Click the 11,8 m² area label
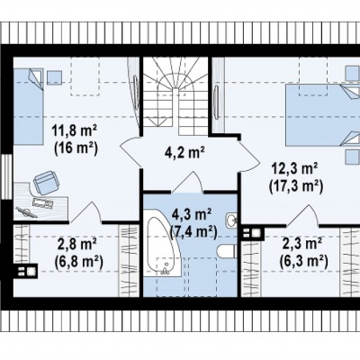tap(75, 131)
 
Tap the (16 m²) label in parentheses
tap(76, 148)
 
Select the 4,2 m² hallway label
tap(184, 152)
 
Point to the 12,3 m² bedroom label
tap(295, 169)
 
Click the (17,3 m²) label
tap(296, 186)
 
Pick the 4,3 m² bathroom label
tap(193, 214)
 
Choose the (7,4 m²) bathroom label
tap(193, 231)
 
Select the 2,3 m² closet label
tap(302, 243)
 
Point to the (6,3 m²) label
tap(303, 260)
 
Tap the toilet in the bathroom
tap(228, 251)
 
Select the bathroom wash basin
tap(231, 220)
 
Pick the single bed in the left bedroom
tap(28, 107)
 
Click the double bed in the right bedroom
tap(322, 115)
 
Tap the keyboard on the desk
tap(42, 202)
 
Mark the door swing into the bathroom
tap(187, 182)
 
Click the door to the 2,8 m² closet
tap(85, 212)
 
